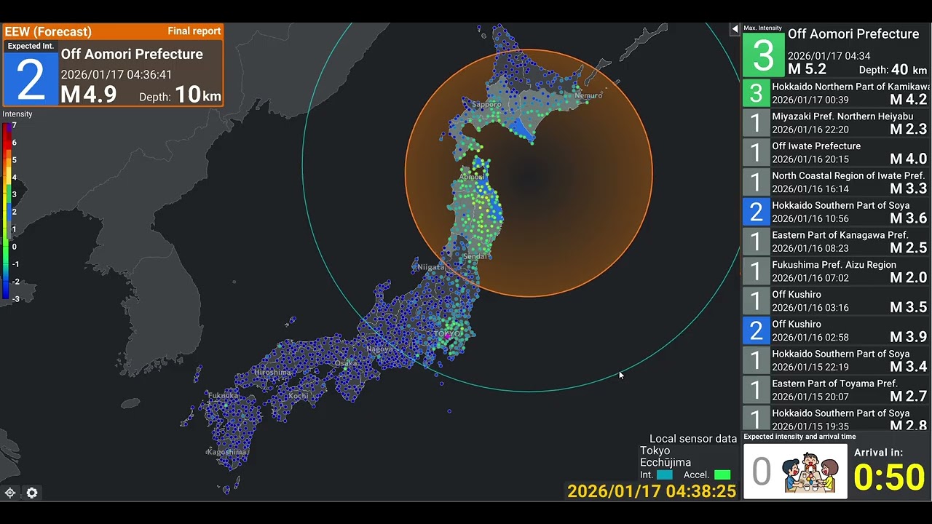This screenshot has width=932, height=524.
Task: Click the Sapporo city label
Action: tap(486, 104)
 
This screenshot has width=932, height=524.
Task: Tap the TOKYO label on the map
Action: tap(447, 334)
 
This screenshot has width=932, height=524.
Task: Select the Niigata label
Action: tap(430, 267)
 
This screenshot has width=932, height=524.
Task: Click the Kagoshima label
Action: tap(226, 452)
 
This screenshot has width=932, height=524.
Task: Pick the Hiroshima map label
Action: tap(272, 373)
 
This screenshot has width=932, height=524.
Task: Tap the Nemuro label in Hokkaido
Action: tap(588, 95)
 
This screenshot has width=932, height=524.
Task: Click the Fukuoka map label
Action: tap(223, 396)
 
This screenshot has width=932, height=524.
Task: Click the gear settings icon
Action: tap(32, 493)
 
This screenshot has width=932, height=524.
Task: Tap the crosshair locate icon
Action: tap(10, 493)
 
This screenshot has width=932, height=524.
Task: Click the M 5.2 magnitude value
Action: tap(807, 70)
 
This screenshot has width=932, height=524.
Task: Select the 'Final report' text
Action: tap(194, 31)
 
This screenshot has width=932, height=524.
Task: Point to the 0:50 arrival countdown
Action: tap(889, 478)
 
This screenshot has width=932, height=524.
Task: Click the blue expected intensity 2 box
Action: tap(31, 79)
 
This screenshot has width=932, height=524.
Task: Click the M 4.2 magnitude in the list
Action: tap(908, 100)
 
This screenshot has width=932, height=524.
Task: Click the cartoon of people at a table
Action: tap(810, 472)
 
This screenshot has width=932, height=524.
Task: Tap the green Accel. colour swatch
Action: tap(722, 475)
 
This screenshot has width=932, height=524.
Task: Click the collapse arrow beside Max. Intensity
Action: tap(735, 28)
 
